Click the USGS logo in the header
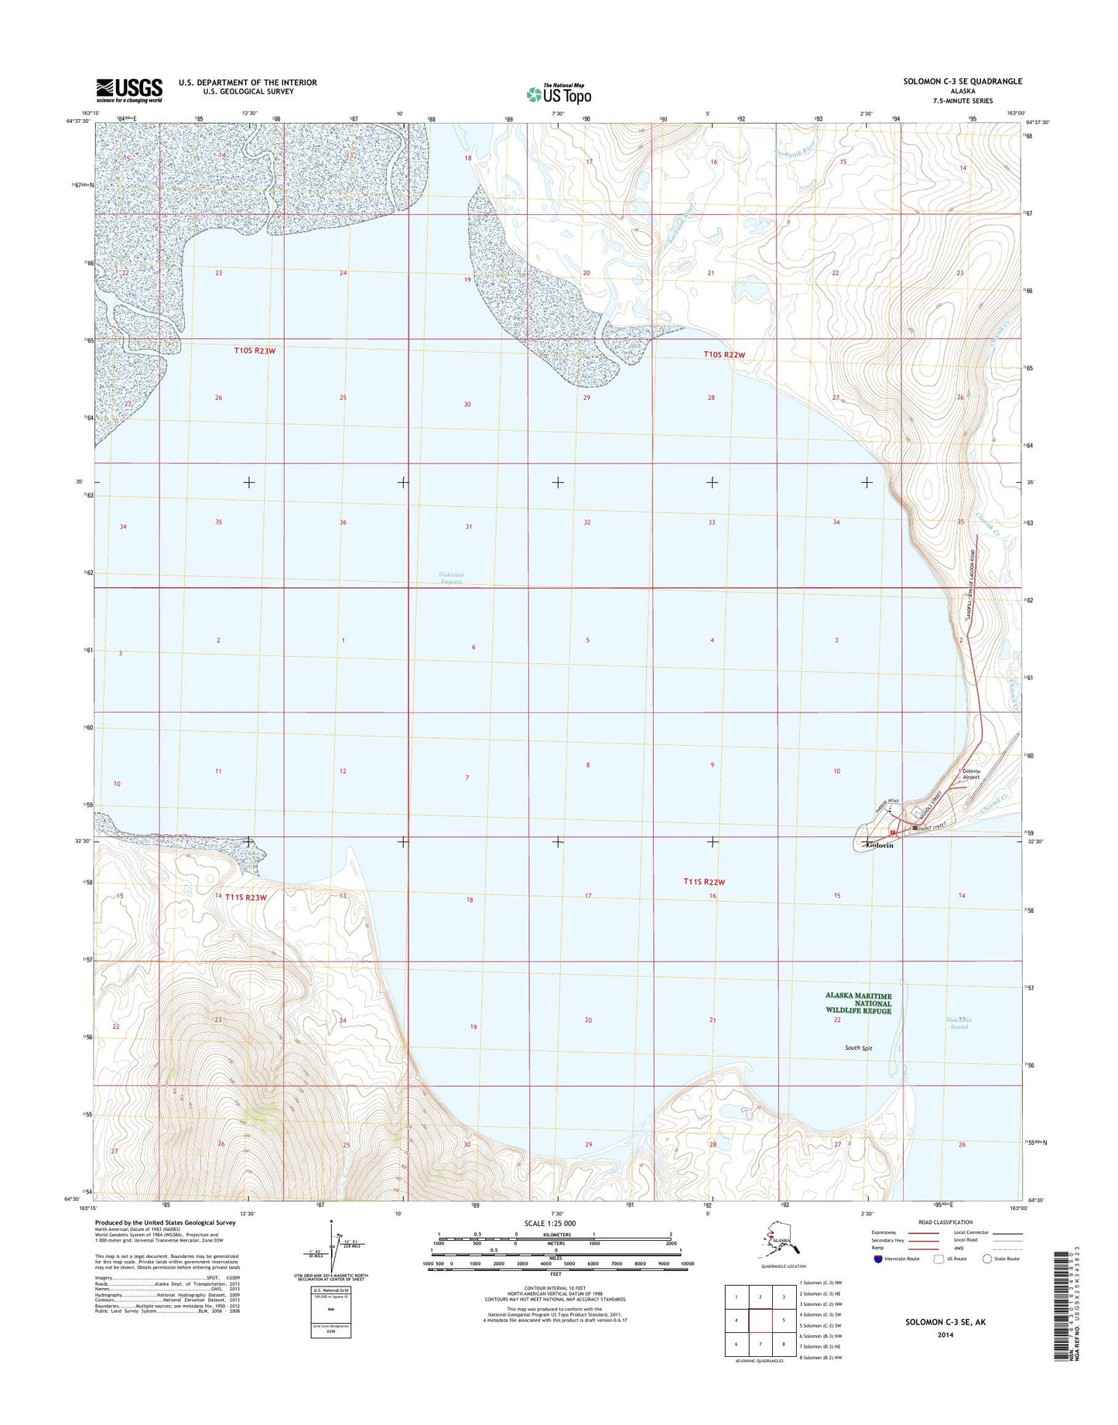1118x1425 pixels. coord(129,90)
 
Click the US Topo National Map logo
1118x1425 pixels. coord(559,94)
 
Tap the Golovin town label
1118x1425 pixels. coord(880,846)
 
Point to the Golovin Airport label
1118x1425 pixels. coord(971,774)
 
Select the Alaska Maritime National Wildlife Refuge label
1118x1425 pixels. coord(858,1003)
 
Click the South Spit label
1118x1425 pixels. coord(858,1048)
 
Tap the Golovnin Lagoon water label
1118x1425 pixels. coord(450,578)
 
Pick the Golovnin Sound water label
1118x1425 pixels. coord(959,1023)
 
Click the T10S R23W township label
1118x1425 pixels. coord(255,350)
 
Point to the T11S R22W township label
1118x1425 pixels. coord(704,882)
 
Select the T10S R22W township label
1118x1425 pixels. coord(724,354)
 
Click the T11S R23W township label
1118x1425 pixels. coord(246,897)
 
